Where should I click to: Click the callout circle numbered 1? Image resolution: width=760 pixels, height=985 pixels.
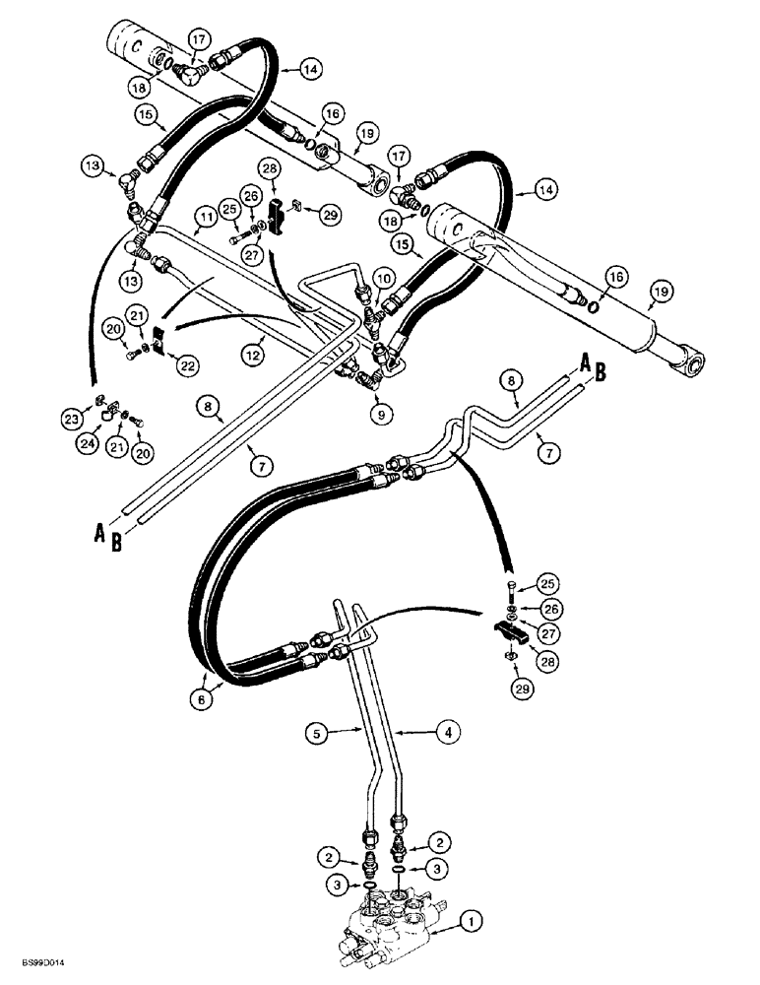click(x=472, y=923)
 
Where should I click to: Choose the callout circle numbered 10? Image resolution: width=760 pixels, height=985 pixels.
click(x=382, y=278)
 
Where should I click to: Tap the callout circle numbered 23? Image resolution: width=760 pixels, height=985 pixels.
click(x=96, y=419)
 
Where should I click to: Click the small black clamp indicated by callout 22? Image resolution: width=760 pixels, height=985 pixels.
click(x=160, y=346)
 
